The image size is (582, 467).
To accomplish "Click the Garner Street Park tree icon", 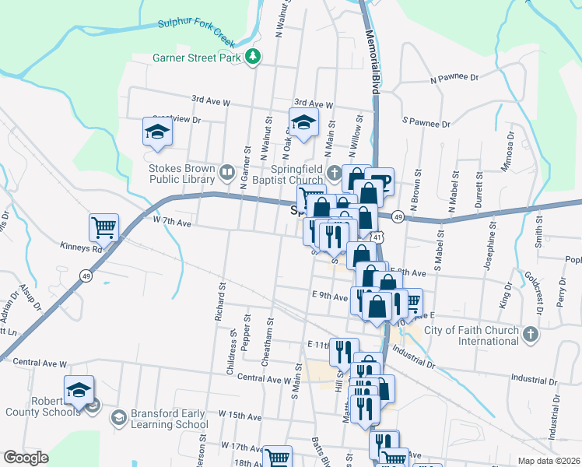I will (x=253, y=57).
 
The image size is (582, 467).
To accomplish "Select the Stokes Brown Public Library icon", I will (x=227, y=171).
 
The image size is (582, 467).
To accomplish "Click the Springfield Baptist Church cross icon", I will (x=334, y=172).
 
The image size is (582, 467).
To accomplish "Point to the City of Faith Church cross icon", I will (x=530, y=335).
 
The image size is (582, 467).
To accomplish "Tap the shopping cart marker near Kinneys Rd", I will (x=103, y=227).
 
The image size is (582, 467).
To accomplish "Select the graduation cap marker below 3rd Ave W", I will (x=303, y=121).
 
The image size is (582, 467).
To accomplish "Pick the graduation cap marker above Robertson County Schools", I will (x=79, y=389).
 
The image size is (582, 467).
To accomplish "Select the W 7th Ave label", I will (x=172, y=221).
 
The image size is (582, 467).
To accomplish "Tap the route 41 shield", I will (x=377, y=236).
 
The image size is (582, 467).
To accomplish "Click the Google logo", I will (x=26, y=458).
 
